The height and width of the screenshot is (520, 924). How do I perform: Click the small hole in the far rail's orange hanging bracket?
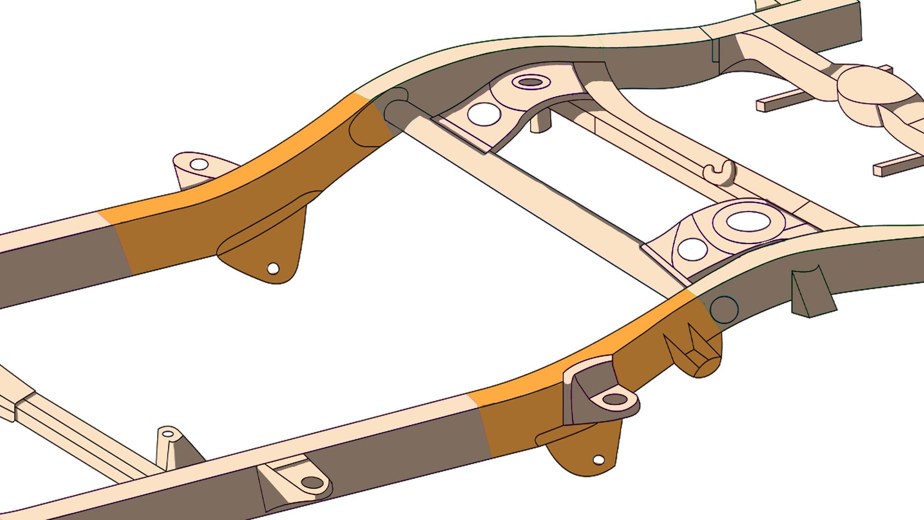click(273, 269)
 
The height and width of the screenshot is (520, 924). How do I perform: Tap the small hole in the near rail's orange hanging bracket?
click(599, 460)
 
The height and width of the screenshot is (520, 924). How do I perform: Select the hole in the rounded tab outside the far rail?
click(199, 164)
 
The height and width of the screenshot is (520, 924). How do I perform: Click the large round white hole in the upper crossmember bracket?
click(484, 114)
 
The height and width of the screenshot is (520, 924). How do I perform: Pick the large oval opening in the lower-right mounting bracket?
click(748, 221)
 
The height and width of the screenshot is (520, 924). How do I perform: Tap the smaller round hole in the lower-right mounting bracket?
click(693, 249)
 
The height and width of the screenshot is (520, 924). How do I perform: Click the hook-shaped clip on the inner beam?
click(721, 173)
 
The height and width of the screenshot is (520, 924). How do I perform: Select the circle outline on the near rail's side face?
click(724, 309)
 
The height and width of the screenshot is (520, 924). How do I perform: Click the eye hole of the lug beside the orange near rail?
click(615, 399)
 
